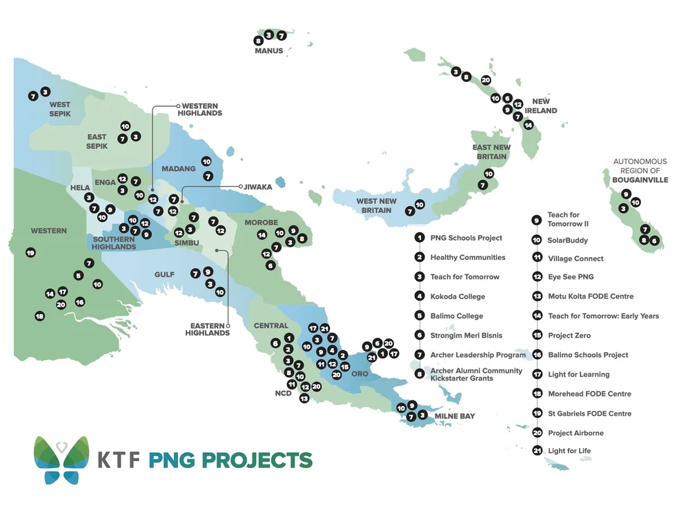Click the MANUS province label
click(x=269, y=51)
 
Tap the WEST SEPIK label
click(x=59, y=109)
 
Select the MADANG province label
click(x=179, y=169)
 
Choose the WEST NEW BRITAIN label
click(x=376, y=205)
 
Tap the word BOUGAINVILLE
click(x=640, y=179)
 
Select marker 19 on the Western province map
click(x=30, y=253)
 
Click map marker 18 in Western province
click(x=39, y=316)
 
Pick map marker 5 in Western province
click(x=79, y=276)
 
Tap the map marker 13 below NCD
click(x=304, y=398)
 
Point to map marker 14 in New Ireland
click(x=529, y=125)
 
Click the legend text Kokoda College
click(x=457, y=296)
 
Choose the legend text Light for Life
click(x=569, y=451)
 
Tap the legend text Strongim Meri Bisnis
click(x=466, y=335)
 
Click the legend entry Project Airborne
click(x=575, y=433)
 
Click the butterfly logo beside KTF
click(x=61, y=460)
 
